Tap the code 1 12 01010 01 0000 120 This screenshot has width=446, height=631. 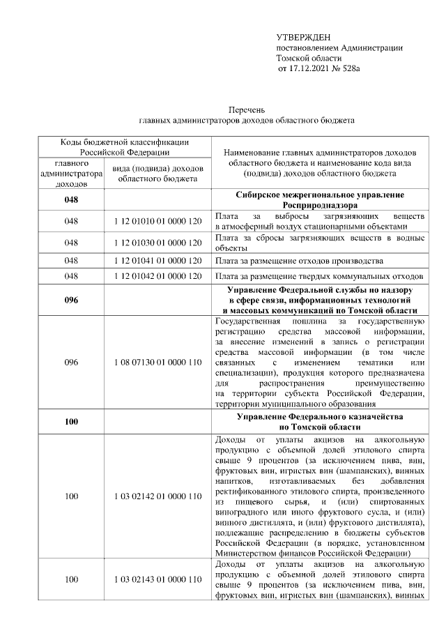[157, 221]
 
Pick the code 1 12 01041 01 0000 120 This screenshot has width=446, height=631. [157, 261]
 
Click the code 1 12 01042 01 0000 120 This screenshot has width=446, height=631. [157, 278]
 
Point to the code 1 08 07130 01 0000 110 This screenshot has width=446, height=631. [157, 363]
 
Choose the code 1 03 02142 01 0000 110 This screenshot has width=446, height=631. [157, 496]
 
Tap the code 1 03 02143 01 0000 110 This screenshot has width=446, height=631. [157, 579]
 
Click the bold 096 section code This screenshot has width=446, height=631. [71, 301]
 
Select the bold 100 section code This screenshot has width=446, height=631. [71, 421]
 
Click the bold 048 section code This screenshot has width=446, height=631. [71, 201]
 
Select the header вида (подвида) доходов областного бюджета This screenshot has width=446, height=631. [157, 174]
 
